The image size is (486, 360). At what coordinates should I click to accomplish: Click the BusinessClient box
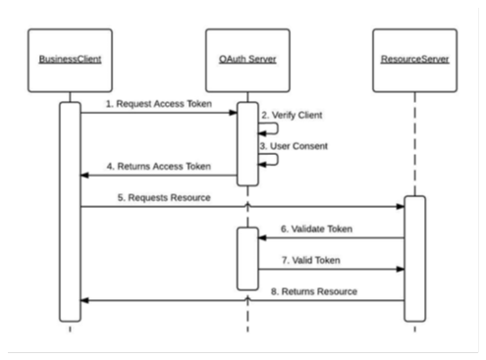(x=70, y=60)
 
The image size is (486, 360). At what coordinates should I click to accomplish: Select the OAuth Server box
(x=247, y=60)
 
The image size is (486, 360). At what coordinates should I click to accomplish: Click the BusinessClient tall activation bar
(x=70, y=211)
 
